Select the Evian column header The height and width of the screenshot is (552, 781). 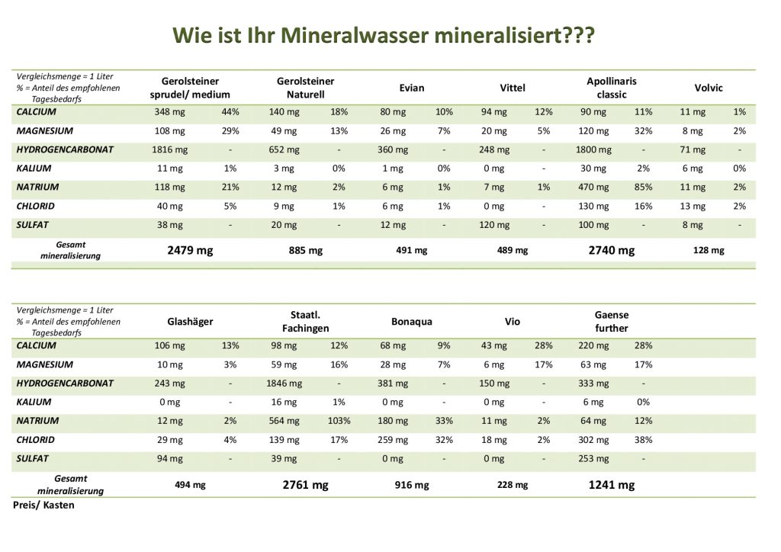pos(412,88)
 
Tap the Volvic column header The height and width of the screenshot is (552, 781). pos(708,88)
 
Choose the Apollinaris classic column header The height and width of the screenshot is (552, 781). pos(612,88)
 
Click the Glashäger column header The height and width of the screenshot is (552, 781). pos(190,322)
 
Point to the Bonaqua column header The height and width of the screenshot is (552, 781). pos(412,322)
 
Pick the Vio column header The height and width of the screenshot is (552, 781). pos(513,322)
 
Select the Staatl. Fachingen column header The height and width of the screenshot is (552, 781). pos(305,322)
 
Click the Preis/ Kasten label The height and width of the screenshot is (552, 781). pos(44,505)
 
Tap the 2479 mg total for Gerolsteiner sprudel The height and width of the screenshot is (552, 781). pos(190,250)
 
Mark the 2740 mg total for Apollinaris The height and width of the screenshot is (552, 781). pos(612,250)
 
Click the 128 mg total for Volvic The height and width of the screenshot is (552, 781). pos(708,250)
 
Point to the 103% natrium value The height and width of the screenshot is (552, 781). pos(339,421)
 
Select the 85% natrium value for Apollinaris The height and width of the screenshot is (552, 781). pos(644,187)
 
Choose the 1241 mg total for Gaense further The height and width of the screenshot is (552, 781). pos(612,485)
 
